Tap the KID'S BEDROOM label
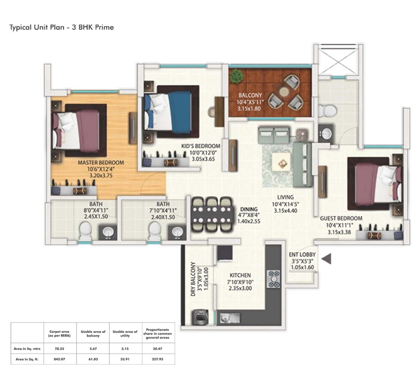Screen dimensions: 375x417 point(200,146)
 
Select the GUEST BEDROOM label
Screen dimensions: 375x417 point(341,218)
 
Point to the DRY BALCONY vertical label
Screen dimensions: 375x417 point(193,279)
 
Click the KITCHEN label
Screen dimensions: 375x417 point(240,275)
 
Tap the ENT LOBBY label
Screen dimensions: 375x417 point(302,255)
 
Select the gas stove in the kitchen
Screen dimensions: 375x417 point(275,279)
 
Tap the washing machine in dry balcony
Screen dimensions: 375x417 point(199,318)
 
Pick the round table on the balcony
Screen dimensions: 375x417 point(285,90)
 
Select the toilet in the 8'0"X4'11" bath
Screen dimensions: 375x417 point(85,229)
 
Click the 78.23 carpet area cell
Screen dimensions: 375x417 point(58,347)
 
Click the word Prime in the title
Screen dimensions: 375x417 point(104,27)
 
